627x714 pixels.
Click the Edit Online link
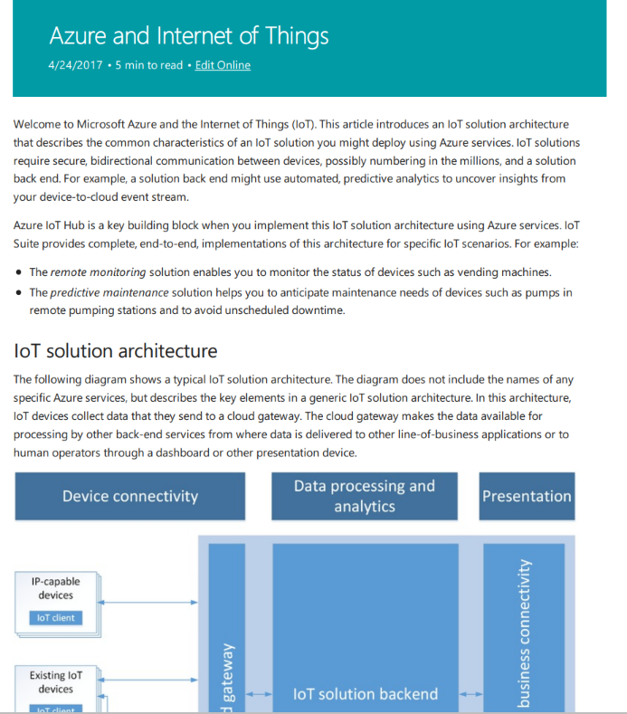tap(223, 65)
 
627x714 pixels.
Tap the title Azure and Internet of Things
tap(188, 35)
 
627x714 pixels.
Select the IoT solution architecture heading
tap(115, 350)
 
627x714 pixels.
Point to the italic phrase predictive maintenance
tap(109, 293)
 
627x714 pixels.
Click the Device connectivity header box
tap(129, 496)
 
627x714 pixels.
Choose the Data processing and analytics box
tap(364, 496)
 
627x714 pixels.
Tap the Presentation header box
tap(527, 496)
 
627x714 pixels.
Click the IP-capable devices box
tap(56, 588)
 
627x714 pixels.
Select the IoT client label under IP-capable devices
tap(56, 618)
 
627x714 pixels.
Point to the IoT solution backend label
tap(366, 694)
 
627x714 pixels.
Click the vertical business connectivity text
tap(524, 633)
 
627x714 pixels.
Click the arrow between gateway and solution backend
tap(259, 694)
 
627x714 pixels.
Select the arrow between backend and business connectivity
tap(470, 694)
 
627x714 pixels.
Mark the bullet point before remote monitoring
tap(19, 272)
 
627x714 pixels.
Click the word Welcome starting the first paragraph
tap(40, 124)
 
